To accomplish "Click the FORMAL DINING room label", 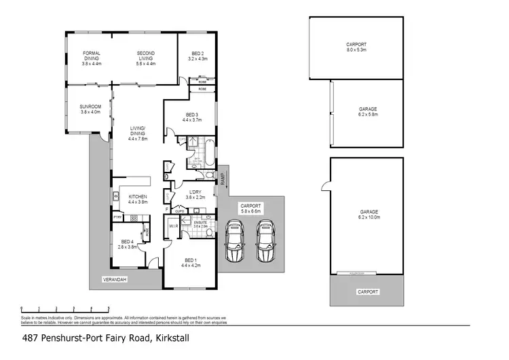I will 92,58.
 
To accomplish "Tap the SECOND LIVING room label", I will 146,58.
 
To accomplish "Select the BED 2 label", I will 197,56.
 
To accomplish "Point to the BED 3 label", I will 193,117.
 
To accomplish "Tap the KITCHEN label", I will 138,198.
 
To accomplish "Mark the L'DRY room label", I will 195,194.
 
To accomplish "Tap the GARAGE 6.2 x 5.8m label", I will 368,112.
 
